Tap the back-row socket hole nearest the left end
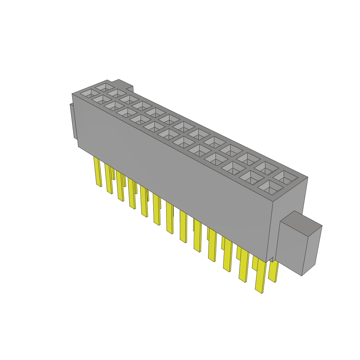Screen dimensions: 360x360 pyautogui.click(x=105, y=86)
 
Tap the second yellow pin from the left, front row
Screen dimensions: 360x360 pyautogui.click(x=109, y=179)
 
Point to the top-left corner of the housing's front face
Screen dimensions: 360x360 pyautogui.click(x=72, y=95)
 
